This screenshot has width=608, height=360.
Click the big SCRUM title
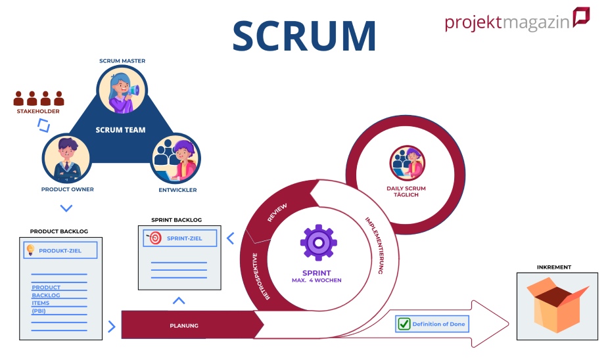(304, 35)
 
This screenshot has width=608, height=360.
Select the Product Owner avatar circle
(66, 159)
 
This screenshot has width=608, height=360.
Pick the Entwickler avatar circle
(175, 159)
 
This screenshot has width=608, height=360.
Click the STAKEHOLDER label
(38, 111)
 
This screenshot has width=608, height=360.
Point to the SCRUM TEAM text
(120, 130)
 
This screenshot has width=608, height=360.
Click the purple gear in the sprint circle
(319, 242)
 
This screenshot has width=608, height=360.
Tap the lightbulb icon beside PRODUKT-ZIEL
(30, 250)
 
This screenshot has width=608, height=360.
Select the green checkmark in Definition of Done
(403, 324)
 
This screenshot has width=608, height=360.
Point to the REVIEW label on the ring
(277, 213)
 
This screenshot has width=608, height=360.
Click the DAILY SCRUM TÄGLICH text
(406, 192)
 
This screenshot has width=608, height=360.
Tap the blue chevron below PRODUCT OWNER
(66, 208)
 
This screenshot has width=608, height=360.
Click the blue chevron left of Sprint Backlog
(230, 238)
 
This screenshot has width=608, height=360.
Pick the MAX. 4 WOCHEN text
(317, 281)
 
